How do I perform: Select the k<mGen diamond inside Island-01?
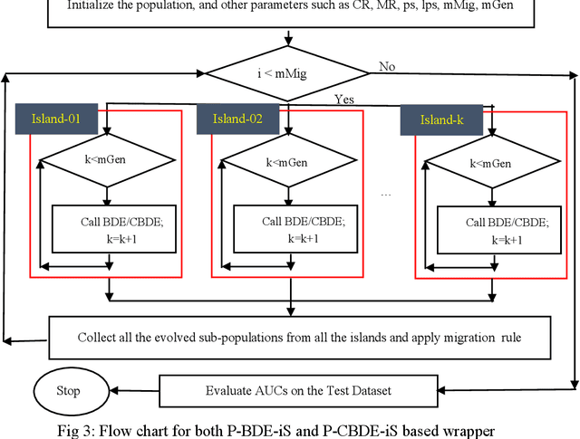click(x=108, y=165)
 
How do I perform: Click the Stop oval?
click(x=68, y=391)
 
